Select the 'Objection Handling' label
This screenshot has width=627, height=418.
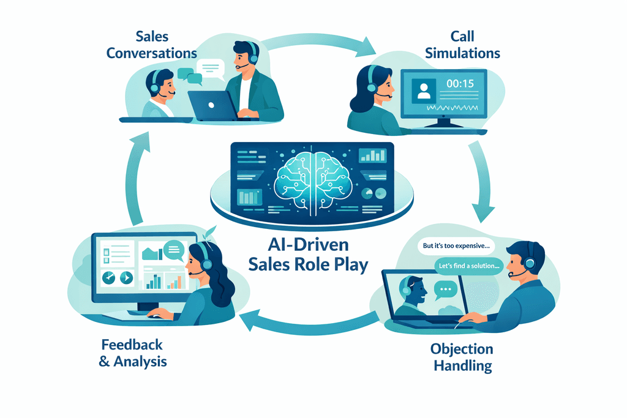coord(462,357)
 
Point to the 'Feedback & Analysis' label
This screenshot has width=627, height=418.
coord(133,353)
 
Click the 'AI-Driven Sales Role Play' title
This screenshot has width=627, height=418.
coord(309,256)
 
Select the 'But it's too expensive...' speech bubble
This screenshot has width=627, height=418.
coord(457,247)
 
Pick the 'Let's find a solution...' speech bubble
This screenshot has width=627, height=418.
coord(469,266)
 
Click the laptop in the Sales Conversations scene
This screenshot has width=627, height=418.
coord(211,105)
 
